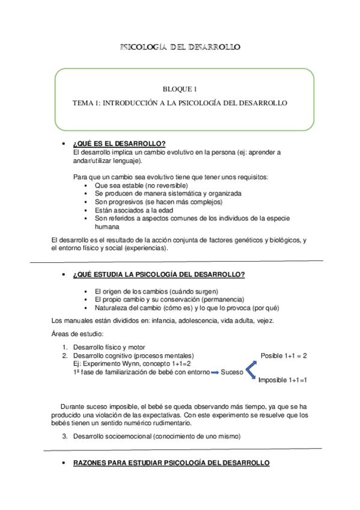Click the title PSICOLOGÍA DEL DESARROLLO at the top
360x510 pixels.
coord(180,47)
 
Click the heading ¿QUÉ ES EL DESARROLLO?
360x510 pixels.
coord(119,143)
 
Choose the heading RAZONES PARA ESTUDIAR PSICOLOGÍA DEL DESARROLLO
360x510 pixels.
coord(171,462)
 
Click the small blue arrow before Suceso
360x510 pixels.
coord(214,373)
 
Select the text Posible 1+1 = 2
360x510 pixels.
coord(284,355)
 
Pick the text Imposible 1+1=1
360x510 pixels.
coord(282,381)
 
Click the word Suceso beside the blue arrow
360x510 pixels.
coord(232,373)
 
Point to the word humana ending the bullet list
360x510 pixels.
coord(107,227)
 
